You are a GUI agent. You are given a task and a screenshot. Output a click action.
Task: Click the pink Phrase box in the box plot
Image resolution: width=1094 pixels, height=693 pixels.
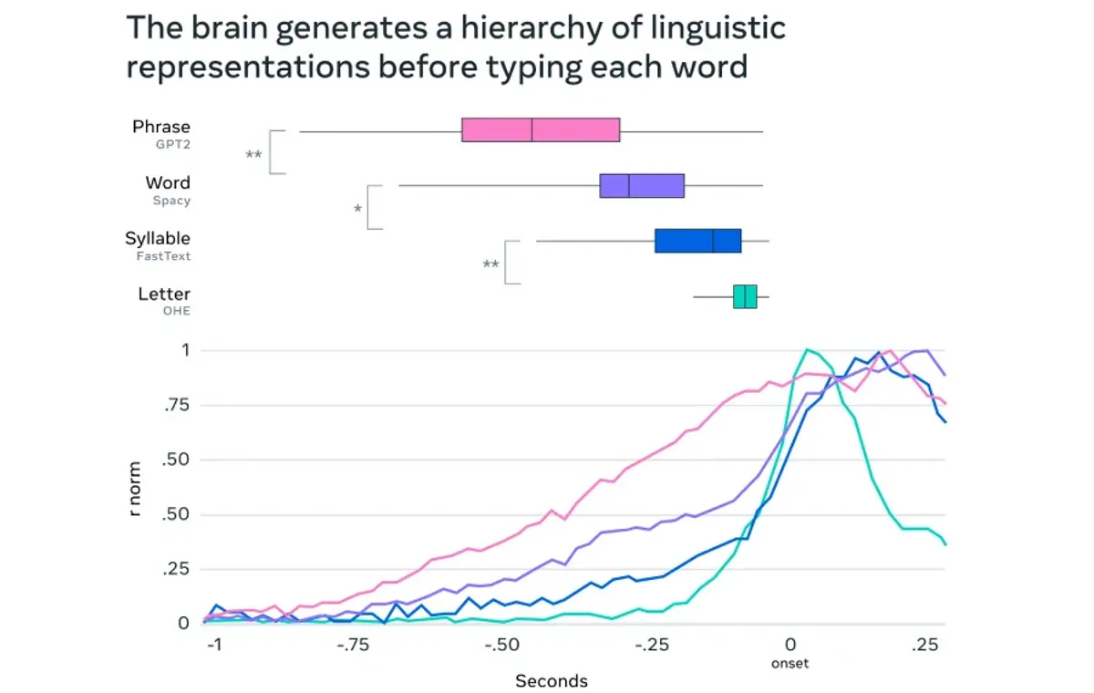[x=541, y=130]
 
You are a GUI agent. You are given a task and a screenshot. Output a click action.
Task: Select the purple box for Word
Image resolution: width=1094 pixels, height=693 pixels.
[x=642, y=185]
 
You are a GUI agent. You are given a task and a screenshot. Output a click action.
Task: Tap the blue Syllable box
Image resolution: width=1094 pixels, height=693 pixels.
[x=697, y=241]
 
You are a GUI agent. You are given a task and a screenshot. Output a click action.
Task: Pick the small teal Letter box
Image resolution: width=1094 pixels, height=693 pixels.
[x=745, y=296]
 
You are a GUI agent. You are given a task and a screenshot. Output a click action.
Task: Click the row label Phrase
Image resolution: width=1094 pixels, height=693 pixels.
[x=161, y=127]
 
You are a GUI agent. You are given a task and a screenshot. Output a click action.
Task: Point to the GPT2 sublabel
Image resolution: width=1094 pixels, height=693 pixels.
[x=173, y=144]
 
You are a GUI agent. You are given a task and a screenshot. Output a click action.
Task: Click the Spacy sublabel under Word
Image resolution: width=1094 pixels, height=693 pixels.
[x=171, y=200]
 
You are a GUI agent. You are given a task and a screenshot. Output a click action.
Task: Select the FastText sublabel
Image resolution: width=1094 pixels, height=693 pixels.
[x=163, y=256]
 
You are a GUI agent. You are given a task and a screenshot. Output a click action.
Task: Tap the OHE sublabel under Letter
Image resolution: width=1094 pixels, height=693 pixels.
[x=176, y=311]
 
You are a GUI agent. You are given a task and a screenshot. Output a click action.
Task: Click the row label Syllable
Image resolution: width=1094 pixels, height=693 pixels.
[x=158, y=239]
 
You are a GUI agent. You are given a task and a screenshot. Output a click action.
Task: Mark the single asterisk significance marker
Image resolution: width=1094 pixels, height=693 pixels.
[x=357, y=210]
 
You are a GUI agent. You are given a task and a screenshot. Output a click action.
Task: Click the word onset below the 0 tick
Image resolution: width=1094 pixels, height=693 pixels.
[x=790, y=663]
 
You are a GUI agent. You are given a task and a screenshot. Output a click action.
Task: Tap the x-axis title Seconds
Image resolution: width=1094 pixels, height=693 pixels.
[x=552, y=681]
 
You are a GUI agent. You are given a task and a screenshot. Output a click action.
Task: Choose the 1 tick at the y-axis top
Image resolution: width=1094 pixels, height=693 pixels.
[x=185, y=350]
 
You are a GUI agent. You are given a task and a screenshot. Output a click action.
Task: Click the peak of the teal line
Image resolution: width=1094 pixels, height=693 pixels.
[x=807, y=349]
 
